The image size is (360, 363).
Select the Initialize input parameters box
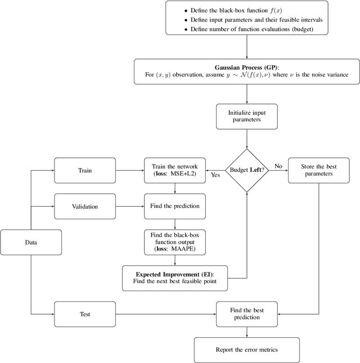click(x=247, y=117)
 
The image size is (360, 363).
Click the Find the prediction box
click(x=175, y=206)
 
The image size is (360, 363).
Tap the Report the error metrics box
click(x=247, y=350)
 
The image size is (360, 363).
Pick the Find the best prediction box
click(x=247, y=314)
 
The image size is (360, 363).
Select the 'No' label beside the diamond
click(x=278, y=166)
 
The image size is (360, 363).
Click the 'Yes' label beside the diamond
click(x=215, y=175)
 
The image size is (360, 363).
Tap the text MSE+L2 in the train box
click(x=184, y=174)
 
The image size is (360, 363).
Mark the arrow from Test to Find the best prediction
click(x=165, y=315)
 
